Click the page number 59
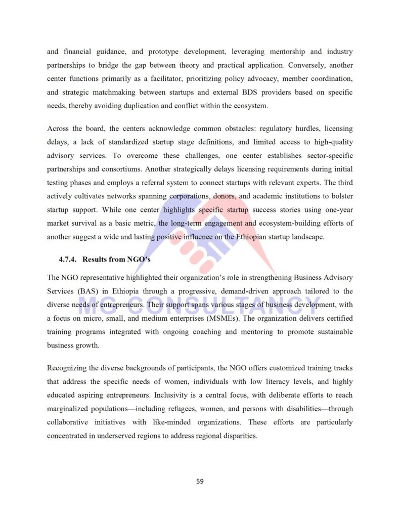point(200,481)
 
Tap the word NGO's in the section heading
point(139,260)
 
